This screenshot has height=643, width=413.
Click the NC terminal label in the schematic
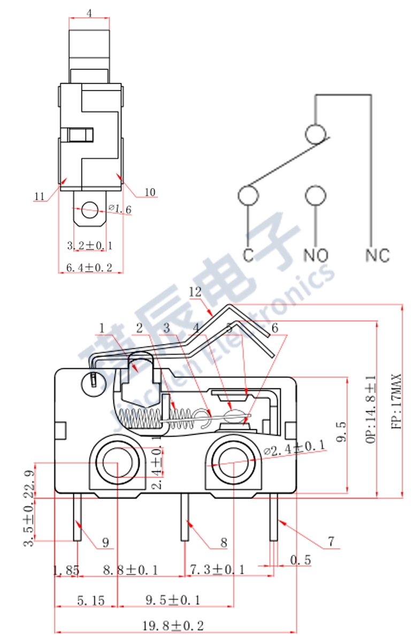pos(378,255)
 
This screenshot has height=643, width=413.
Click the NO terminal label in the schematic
pos(316,255)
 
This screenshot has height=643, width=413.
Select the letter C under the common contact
pos(248,255)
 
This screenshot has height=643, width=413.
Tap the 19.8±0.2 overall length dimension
pos(173,625)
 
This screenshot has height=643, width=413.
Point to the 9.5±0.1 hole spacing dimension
pos(173,600)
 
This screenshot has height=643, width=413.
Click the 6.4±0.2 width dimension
pos(89,266)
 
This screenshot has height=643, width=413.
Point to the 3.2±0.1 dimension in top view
pos(89,245)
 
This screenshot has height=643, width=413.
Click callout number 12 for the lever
pos(195,293)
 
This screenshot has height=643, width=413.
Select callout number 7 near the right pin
pos(332,542)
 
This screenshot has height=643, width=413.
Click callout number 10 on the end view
pos(150,192)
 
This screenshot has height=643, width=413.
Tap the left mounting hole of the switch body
pos(117,461)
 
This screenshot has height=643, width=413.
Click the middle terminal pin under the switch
pos(185,517)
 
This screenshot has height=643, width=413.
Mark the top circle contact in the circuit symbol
pos(316,133)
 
